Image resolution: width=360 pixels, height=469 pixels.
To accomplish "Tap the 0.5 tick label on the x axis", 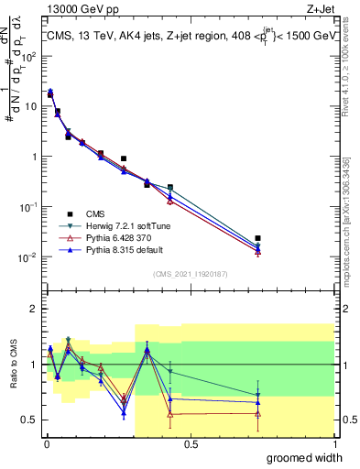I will (x=191, y=443).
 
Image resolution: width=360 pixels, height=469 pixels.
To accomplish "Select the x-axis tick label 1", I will (x=335, y=443).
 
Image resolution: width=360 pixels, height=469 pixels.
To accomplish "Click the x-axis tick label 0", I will (x=46, y=443).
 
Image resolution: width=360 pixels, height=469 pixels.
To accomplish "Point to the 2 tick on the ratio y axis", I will (x=34, y=309).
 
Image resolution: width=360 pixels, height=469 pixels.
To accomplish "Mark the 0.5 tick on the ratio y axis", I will (x=30, y=420).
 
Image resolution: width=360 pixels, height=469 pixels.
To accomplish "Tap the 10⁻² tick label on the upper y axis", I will (x=28, y=256).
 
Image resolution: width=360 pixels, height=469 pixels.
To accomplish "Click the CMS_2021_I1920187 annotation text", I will (x=190, y=274).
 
